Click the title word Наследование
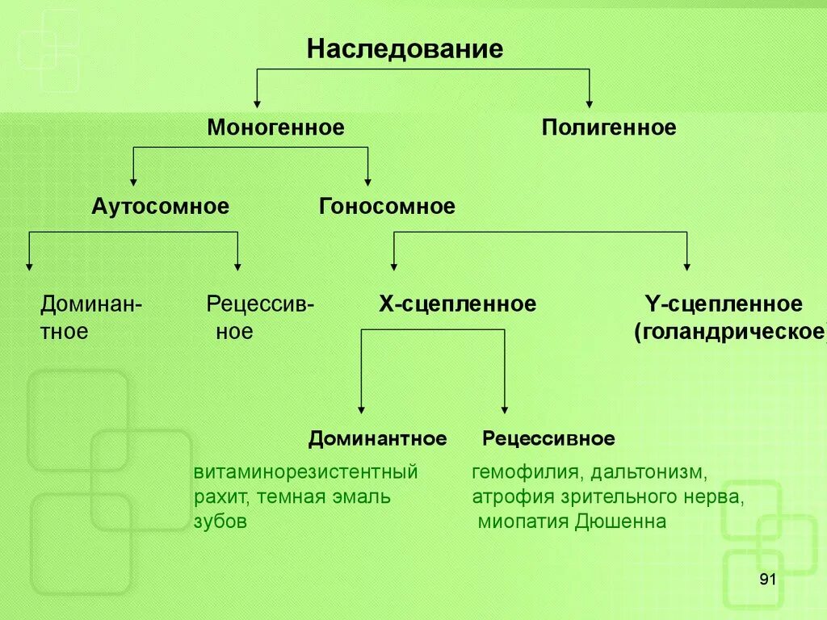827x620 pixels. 405,50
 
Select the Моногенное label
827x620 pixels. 275,128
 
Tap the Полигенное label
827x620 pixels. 608,128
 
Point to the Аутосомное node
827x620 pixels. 160,207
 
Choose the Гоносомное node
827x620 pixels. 387,207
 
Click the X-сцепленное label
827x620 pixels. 457,304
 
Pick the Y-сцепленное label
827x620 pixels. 723,304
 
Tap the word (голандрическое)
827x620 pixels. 730,332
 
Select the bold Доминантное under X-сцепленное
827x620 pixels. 377,439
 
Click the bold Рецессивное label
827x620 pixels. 548,439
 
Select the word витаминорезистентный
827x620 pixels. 305,472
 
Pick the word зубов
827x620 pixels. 220,522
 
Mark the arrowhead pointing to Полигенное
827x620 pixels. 589,103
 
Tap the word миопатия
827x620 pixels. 523,522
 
